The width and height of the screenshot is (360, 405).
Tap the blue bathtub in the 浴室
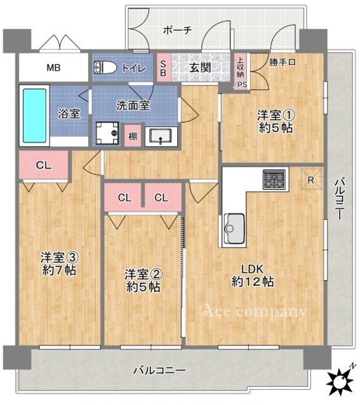[x=35, y=116]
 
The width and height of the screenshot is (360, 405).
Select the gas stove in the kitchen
[x=274, y=179]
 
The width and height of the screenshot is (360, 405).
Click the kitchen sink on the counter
[x=234, y=229]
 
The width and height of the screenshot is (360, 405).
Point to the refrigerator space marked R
[x=312, y=179]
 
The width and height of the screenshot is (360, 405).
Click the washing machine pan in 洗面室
[x=107, y=133]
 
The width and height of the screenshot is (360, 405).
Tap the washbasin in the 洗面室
[x=161, y=136]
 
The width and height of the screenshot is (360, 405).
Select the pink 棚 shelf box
[x=133, y=136]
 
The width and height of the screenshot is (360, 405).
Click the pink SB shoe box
[x=163, y=68]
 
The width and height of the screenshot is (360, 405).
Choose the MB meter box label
[x=53, y=68]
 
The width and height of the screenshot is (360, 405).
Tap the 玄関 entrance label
[x=200, y=68]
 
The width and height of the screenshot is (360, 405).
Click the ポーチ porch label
[x=178, y=30]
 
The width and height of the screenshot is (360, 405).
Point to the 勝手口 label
[x=283, y=62]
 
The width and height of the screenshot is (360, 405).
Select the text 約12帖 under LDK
[x=252, y=282]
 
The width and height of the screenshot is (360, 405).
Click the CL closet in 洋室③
[x=44, y=165]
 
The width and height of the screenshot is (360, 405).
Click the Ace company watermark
[x=254, y=311]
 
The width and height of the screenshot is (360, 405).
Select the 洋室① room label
[x=276, y=115]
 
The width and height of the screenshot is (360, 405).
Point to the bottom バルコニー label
[x=159, y=371]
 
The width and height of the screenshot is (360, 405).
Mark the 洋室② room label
[x=143, y=275]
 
